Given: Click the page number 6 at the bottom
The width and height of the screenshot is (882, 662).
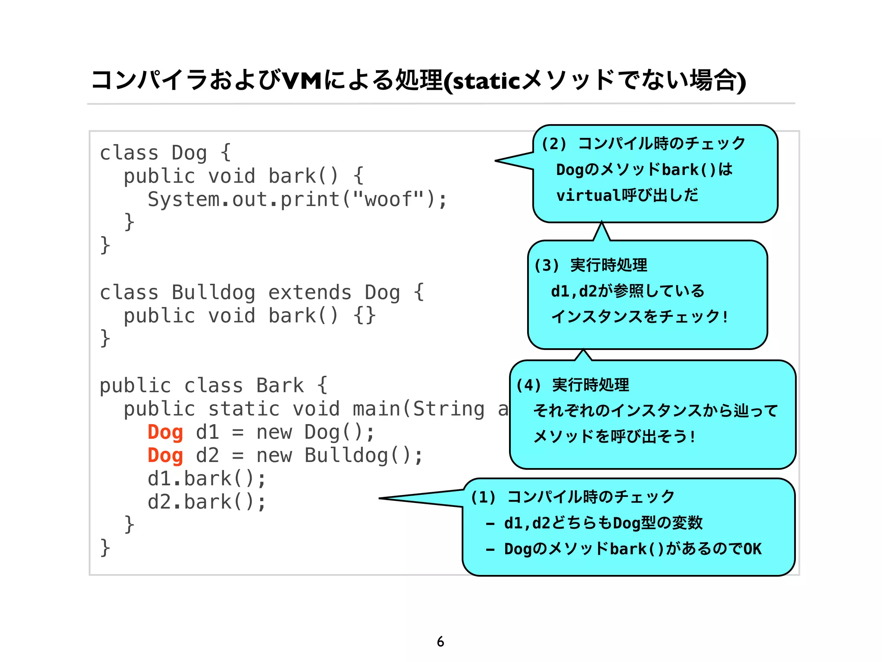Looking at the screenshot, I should tap(440, 641).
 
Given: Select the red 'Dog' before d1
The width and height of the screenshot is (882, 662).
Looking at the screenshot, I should tap(165, 432).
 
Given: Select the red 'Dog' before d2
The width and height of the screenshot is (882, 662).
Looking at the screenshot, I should tap(165, 456).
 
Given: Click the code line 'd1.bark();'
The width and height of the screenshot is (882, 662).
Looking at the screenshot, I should tap(207, 479).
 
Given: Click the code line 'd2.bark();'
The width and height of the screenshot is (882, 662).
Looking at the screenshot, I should tap(207, 502).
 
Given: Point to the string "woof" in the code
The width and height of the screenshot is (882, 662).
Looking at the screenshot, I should tap(388, 200).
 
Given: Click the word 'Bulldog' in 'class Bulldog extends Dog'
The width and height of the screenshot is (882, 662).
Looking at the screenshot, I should tap(213, 293).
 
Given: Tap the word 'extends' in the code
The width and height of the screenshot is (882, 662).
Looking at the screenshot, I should tap(310, 293).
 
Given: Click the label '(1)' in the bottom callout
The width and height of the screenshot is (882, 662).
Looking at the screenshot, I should tap(483, 497).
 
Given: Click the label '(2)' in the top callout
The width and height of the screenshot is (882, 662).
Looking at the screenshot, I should tap(554, 144).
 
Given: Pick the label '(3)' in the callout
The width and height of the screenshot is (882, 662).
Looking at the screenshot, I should tap(547, 265).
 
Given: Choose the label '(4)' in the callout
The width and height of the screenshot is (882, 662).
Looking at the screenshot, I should tap(528, 385).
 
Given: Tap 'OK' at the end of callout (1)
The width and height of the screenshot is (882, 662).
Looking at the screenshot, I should tap(752, 549).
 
